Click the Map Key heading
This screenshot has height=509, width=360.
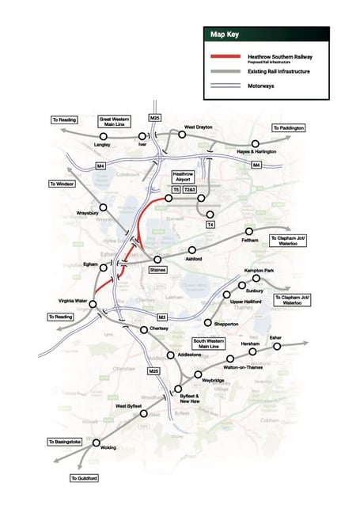coord(225,35)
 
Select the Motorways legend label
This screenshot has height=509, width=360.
coord(260,85)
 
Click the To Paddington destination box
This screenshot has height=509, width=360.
coord(287,127)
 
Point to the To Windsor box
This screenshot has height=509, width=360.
coord(62,184)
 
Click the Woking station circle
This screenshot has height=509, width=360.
coord(97,443)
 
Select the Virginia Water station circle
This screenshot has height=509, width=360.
coord(94,303)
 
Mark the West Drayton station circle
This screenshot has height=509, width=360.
coord(181,135)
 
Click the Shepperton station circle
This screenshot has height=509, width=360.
coord(207,323)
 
